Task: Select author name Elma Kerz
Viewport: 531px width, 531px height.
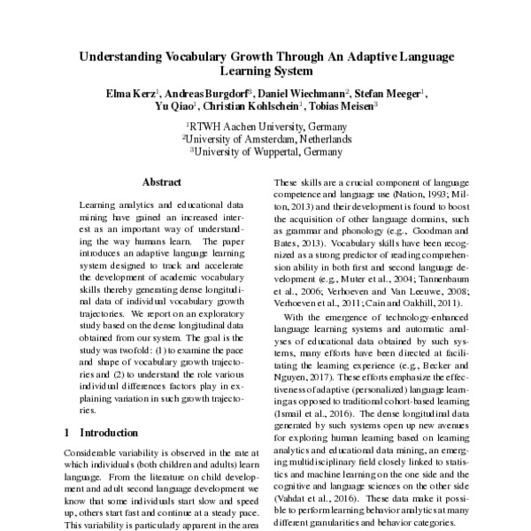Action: (131, 93)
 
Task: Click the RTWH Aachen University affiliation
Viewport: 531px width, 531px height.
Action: (265, 127)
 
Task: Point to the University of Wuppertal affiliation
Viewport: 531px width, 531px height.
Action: (265, 150)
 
